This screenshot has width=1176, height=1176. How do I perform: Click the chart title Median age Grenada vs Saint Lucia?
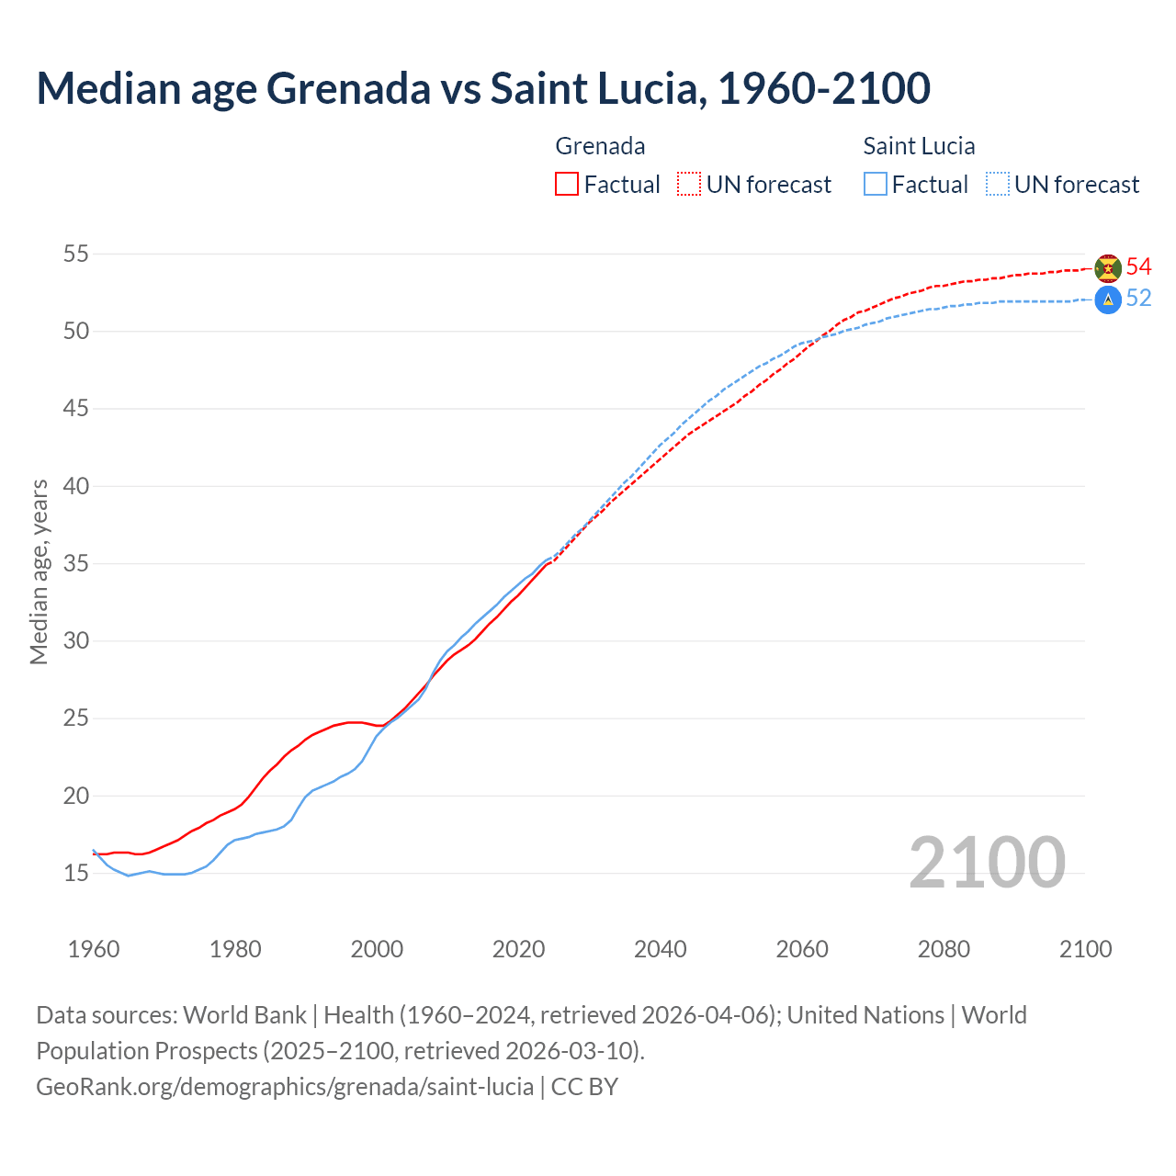[482, 88]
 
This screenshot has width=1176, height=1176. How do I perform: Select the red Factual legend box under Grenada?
[567, 184]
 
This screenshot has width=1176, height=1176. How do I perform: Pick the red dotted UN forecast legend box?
[689, 184]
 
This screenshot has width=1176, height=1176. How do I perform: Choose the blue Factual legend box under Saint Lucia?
[876, 184]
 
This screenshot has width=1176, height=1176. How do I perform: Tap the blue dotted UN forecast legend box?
[998, 184]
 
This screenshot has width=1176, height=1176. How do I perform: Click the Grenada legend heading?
[600, 146]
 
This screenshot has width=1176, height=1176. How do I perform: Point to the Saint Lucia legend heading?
[919, 146]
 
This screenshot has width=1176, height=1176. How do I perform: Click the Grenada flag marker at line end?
[1108, 267]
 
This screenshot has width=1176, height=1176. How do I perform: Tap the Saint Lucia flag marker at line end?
[1108, 300]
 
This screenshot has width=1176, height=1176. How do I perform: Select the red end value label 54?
[1138, 267]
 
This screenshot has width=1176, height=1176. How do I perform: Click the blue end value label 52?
[1138, 299]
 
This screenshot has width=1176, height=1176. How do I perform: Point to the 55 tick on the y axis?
[76, 254]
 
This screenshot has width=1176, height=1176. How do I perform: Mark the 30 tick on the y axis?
[76, 640]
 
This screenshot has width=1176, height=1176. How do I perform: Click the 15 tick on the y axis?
[76, 873]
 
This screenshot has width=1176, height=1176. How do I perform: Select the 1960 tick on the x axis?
[94, 949]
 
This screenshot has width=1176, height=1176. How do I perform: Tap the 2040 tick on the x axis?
[661, 949]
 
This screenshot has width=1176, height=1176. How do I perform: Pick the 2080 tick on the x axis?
[944, 949]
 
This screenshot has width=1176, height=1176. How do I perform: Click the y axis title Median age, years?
[39, 571]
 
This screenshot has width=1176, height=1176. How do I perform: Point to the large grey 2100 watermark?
[987, 863]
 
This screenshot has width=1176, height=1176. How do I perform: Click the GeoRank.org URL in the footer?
[285, 1087]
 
